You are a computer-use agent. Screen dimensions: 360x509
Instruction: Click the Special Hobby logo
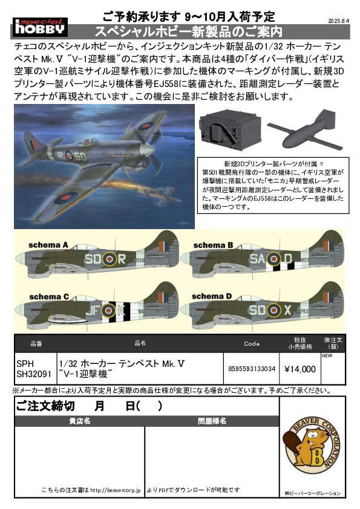tap(41, 27)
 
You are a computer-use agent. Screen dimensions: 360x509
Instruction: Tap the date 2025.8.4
tap(338, 21)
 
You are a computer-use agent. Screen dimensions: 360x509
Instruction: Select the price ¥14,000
tap(300, 369)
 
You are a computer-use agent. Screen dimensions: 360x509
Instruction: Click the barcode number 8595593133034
tap(252, 369)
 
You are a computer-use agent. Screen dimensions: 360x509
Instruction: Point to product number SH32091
tap(34, 374)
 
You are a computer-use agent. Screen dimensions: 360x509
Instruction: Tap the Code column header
tap(252, 344)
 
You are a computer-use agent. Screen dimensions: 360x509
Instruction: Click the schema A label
tap(48, 245)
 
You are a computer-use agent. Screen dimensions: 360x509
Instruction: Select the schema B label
tap(213, 245)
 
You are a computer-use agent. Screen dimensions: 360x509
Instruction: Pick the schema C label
tap(49, 297)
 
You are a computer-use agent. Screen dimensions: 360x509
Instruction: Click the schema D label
tap(212, 296)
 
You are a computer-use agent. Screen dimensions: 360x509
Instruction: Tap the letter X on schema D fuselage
tap(287, 310)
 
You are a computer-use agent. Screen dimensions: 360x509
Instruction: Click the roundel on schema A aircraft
tap(110, 259)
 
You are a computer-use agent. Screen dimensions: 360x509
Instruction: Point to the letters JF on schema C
tap(92, 311)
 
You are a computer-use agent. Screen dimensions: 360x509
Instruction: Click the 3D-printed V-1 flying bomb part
tap(301, 129)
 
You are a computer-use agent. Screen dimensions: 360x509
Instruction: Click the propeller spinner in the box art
tap(146, 150)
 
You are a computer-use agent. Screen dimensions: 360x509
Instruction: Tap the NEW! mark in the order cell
tap(327, 356)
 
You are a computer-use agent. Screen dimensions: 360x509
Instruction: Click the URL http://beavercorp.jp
tap(116, 490)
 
